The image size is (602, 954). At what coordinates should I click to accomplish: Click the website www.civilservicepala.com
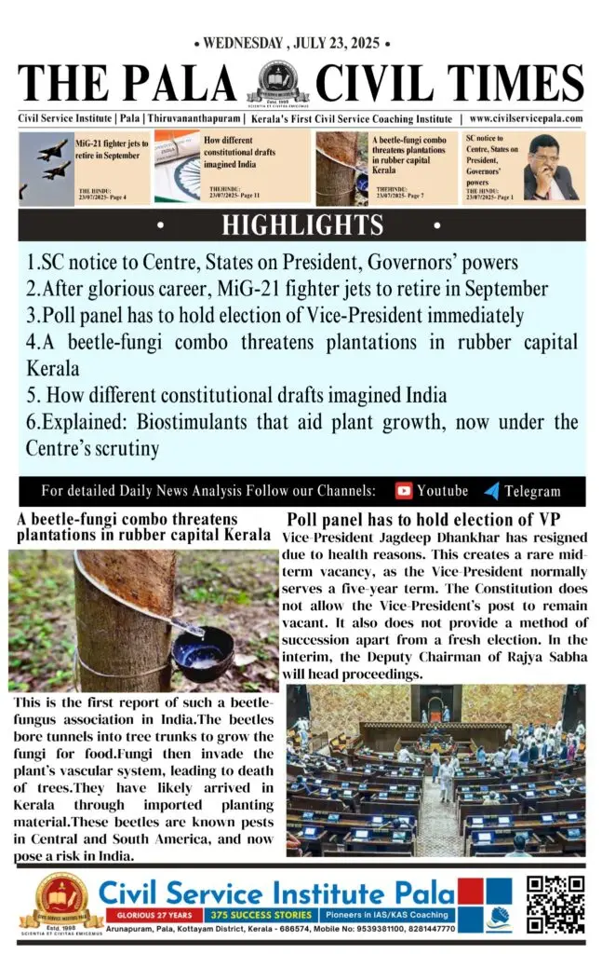[526, 119]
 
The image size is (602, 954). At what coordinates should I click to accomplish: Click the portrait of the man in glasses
[549, 168]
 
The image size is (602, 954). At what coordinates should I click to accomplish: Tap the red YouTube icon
[404, 490]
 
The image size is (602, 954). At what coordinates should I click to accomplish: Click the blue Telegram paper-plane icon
[491, 491]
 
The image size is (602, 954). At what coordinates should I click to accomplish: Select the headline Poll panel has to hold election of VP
[423, 519]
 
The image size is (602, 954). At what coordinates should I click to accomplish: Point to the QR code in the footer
[555, 904]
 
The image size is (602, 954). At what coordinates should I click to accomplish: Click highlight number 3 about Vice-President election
[275, 315]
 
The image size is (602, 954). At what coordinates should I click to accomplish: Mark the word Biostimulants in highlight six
[169, 422]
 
